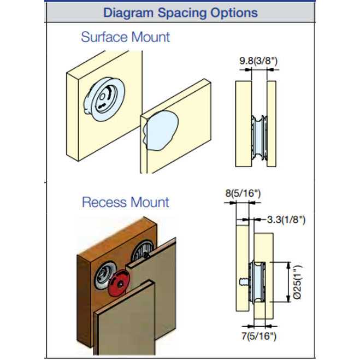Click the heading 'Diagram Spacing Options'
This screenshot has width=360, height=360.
click(x=180, y=12)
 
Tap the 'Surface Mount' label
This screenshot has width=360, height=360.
click(x=125, y=37)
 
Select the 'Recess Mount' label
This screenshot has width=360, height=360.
click(x=125, y=202)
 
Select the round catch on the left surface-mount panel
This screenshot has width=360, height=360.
click(x=104, y=98)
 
